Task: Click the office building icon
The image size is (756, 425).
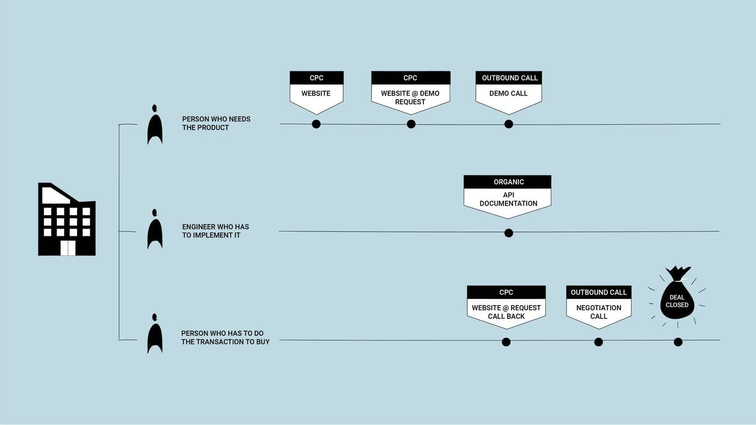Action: pos(67,219)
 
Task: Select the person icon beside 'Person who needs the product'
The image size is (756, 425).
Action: pos(155,126)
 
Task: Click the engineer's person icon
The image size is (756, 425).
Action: pos(155,230)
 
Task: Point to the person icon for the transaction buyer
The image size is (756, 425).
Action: pos(155,335)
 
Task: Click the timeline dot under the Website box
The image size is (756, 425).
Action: pos(316,124)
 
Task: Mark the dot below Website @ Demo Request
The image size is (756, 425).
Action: pos(411,124)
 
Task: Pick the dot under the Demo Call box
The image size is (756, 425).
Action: pos(509,124)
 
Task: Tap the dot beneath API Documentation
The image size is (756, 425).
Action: pos(509,233)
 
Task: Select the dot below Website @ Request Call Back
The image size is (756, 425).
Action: pos(506,342)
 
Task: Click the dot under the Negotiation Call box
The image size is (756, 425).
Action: pos(598,342)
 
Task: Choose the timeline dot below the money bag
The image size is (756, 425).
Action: pos(678,342)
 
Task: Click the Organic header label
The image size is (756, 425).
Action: pos(509,182)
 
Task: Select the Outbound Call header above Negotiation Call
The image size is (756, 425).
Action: pos(598,292)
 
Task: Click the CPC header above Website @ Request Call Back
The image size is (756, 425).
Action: pos(506,292)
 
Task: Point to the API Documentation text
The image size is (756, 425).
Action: pos(508,199)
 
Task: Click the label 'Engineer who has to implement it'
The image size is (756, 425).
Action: pos(215,231)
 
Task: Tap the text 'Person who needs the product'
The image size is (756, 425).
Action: pos(216,123)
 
